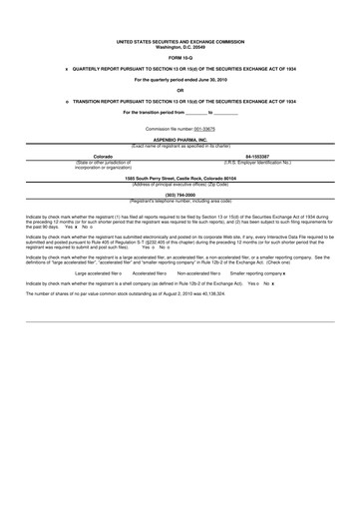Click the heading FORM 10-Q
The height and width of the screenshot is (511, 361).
(180, 57)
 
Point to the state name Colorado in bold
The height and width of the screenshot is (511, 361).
(103, 157)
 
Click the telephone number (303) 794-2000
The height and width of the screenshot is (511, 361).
(180, 194)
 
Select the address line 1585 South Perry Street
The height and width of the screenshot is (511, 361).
(180, 177)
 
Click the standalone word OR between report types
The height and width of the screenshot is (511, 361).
(180, 90)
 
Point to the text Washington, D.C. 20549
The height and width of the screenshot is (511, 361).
(180, 47)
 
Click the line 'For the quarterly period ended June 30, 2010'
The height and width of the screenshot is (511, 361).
(180, 79)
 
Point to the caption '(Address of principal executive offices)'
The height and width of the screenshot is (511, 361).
(180, 183)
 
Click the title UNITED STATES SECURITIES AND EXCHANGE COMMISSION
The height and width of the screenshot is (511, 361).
(180, 42)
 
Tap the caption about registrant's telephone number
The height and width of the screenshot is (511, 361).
(180, 200)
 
